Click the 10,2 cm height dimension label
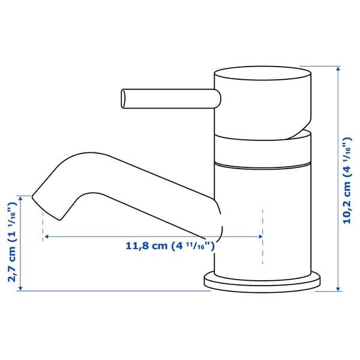[346, 180]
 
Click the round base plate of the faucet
[262, 282]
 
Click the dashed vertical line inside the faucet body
[263, 237]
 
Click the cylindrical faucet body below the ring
[264, 198]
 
